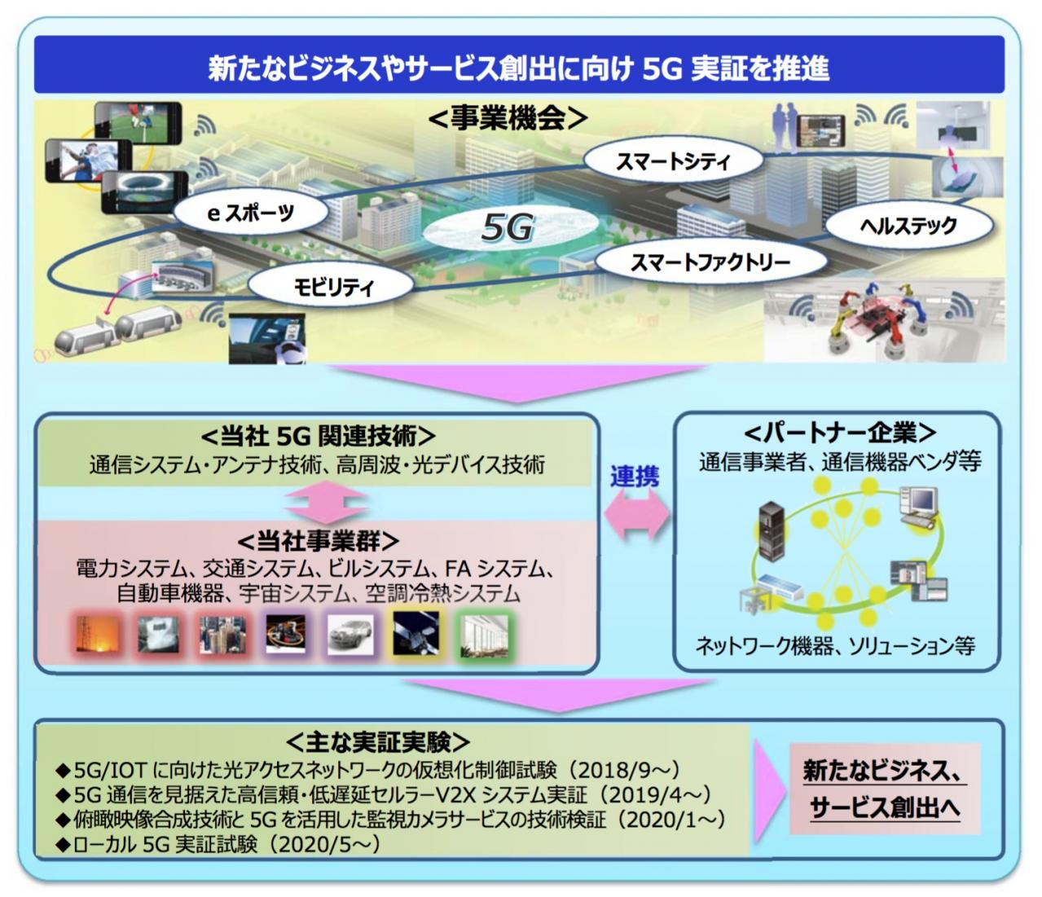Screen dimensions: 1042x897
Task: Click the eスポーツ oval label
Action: (251, 213)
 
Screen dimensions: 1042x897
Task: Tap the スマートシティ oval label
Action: (673, 161)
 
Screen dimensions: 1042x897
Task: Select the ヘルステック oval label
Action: (908, 225)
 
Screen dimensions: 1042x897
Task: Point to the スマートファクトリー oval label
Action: (710, 262)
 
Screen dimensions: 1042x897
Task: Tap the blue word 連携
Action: (635, 476)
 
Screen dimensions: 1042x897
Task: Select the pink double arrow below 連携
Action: (637, 516)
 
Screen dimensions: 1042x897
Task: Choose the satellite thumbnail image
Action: (415, 633)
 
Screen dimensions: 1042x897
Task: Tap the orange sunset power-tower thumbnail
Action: (98, 635)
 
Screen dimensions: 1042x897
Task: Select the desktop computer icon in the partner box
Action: (919, 507)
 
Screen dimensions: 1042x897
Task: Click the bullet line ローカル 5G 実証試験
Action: (219, 844)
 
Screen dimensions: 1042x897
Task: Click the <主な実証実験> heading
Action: (377, 741)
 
